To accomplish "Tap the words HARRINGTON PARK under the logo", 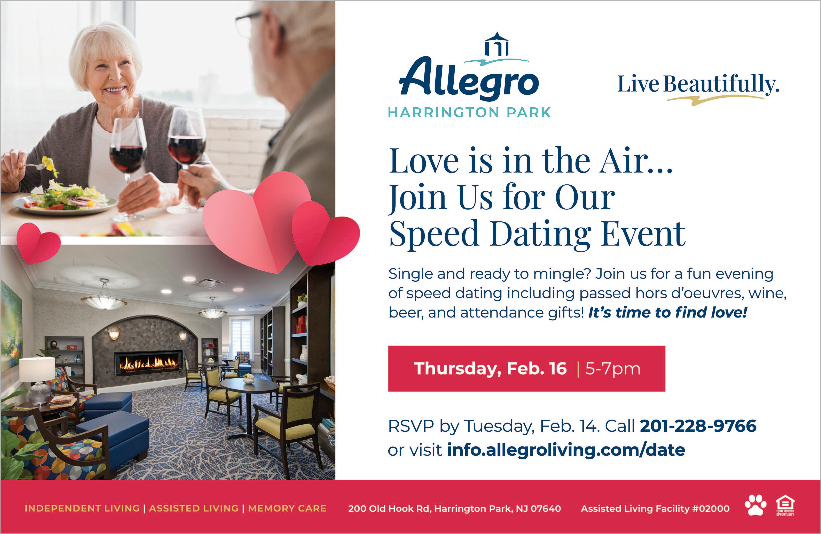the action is [469, 113].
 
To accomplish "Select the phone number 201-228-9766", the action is [698, 426].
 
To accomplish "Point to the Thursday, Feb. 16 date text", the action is [490, 369].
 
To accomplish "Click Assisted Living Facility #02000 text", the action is [655, 509].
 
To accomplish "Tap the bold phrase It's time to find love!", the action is [667, 312].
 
